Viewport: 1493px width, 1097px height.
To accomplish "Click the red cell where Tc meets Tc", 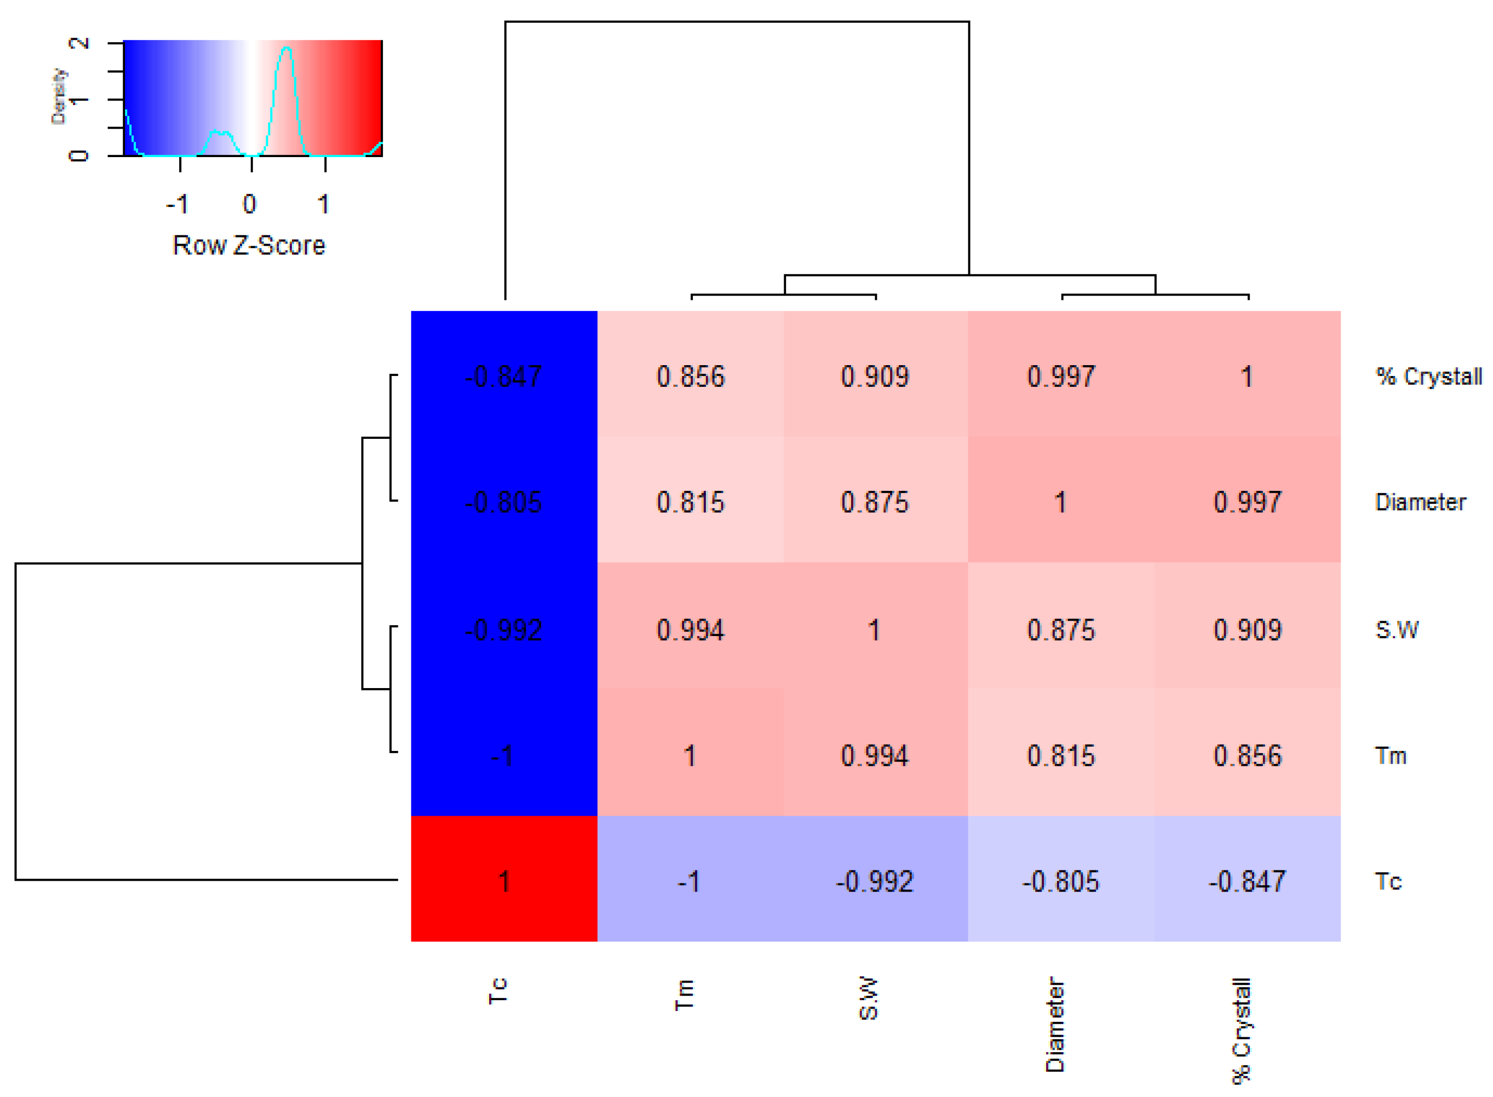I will (504, 881).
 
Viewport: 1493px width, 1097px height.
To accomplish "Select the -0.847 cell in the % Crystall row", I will (504, 376).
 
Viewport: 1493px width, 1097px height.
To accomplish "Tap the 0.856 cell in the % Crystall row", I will (690, 376).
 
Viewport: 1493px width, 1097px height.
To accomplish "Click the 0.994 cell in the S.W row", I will (690, 629).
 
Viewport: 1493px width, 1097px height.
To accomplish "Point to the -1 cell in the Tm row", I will (504, 756).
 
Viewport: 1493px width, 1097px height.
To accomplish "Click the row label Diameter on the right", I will (1420, 502).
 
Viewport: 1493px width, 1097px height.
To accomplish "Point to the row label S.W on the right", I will (1396, 629).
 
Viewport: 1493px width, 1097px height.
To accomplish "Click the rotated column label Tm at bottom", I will (684, 994).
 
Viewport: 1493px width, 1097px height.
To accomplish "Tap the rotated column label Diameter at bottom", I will (1055, 1024).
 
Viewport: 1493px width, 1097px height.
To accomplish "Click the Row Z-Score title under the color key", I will (249, 245).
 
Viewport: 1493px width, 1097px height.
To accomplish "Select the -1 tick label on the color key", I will (178, 204).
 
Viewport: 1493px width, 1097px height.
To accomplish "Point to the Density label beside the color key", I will (59, 96).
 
